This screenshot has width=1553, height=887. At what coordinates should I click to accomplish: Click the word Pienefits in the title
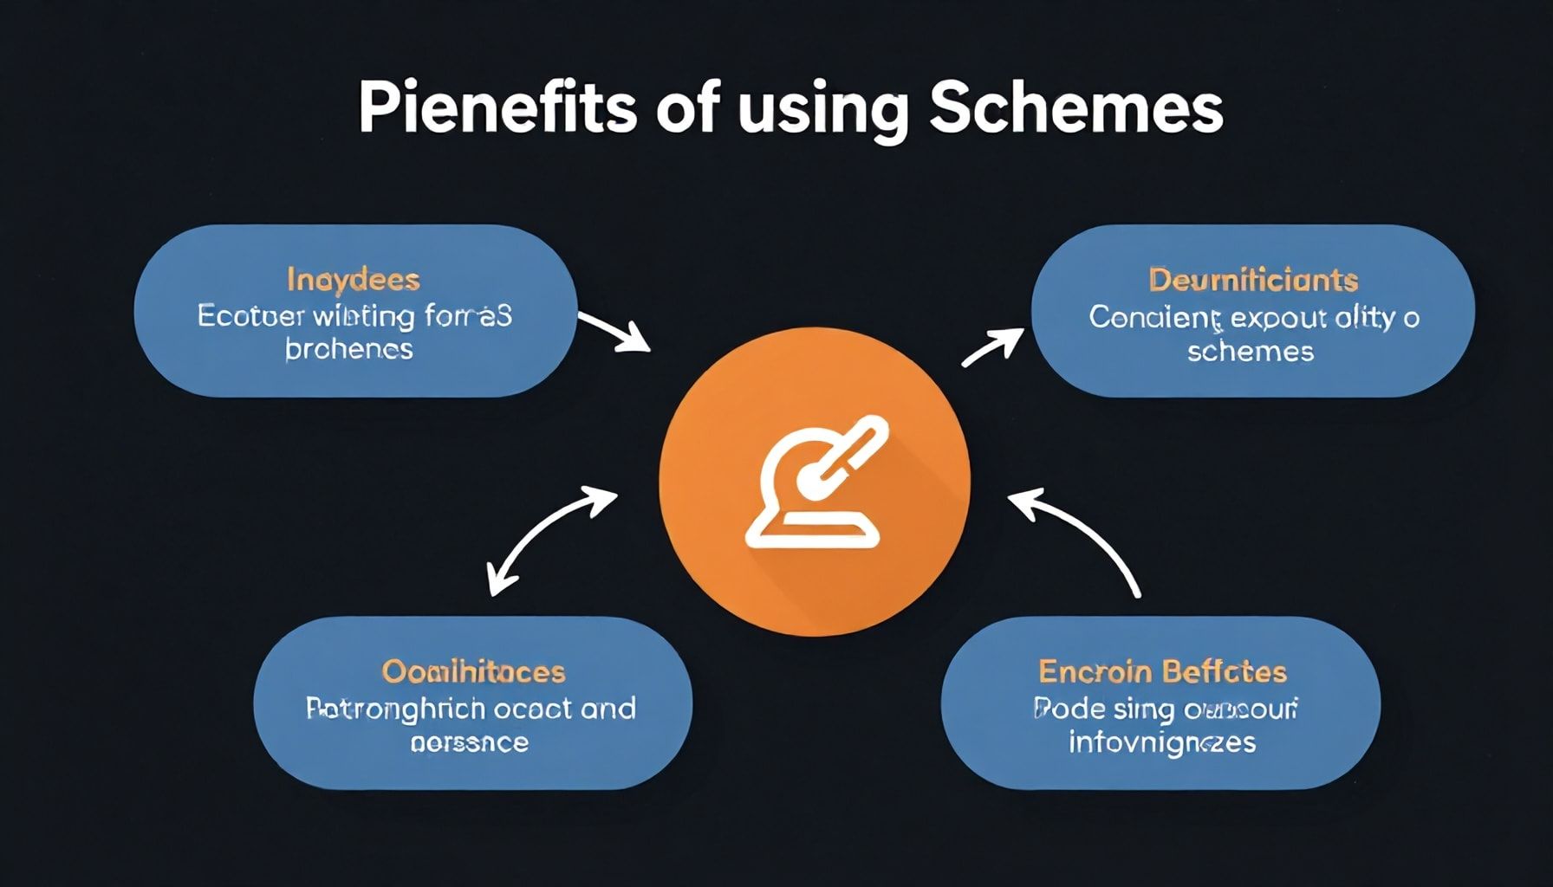[x=497, y=108]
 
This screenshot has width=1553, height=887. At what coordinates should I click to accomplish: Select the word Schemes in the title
[x=1075, y=108]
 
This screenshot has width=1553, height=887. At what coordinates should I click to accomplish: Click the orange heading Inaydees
[x=353, y=280]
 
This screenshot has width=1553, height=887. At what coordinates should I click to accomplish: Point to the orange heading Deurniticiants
[x=1252, y=280]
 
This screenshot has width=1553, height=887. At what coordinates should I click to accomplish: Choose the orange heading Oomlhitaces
[x=473, y=671]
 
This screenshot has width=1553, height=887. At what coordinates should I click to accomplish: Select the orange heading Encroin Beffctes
[x=1162, y=671]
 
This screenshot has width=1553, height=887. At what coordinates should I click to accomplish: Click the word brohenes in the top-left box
[x=348, y=349]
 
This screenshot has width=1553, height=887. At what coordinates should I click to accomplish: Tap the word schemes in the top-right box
[x=1250, y=351]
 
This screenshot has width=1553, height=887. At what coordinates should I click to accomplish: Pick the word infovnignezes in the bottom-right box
[x=1161, y=742]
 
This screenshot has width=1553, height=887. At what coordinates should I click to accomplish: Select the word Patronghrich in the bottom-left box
[x=394, y=709]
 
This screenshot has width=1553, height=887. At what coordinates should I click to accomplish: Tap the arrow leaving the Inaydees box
[x=614, y=333]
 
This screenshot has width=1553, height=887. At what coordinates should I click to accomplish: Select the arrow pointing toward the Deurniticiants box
[x=991, y=346]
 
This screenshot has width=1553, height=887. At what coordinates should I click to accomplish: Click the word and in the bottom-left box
[x=608, y=709]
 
